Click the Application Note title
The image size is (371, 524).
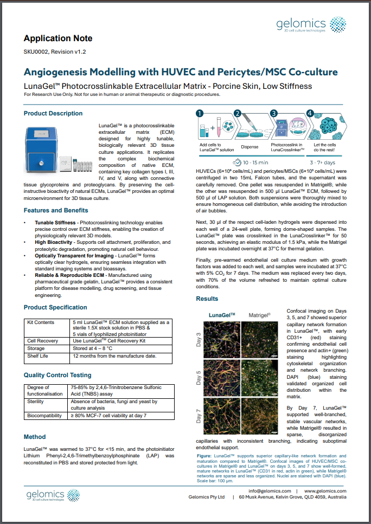(x=58, y=38)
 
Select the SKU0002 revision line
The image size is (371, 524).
(x=55, y=52)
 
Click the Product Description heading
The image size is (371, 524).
(x=53, y=113)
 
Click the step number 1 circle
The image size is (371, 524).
(x=200, y=113)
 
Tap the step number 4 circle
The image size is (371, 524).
(x=310, y=113)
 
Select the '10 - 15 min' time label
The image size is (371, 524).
(x=248, y=162)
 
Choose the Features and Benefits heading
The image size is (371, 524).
(x=56, y=210)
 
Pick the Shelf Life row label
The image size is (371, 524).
(x=39, y=356)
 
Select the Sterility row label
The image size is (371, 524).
(x=37, y=402)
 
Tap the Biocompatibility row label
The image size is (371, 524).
(x=46, y=415)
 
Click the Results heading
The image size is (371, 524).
(x=207, y=299)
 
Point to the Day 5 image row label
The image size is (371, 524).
(x=199, y=377)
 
